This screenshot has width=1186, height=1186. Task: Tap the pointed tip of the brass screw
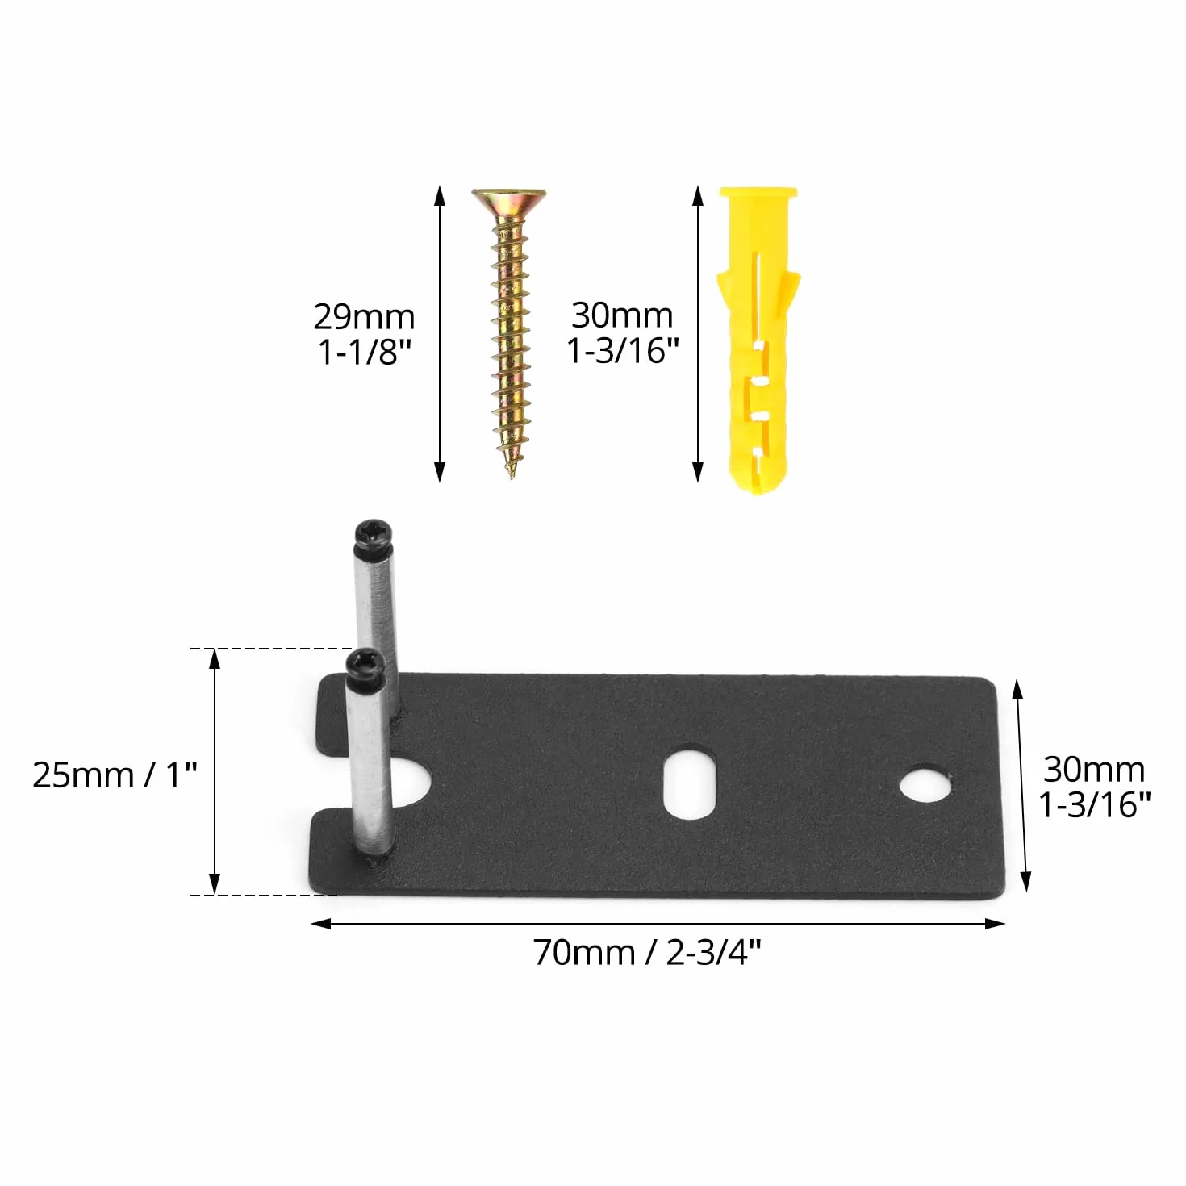(511, 477)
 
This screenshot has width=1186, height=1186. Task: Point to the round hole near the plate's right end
(926, 783)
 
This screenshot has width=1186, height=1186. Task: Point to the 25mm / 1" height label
(115, 775)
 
